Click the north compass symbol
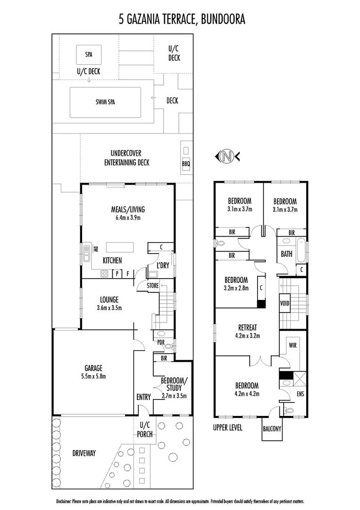point(227,156)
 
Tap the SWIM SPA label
point(105,102)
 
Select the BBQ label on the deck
point(185,164)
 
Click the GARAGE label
point(93,368)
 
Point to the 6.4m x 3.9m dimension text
point(127,218)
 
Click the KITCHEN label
point(112,260)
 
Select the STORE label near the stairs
point(152,286)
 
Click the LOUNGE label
point(109,299)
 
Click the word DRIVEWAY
point(84,453)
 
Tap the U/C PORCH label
point(145,429)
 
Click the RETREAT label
point(247,328)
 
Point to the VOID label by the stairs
point(285,303)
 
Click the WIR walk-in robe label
point(292,346)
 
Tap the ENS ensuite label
point(300,393)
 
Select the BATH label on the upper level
point(286,254)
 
